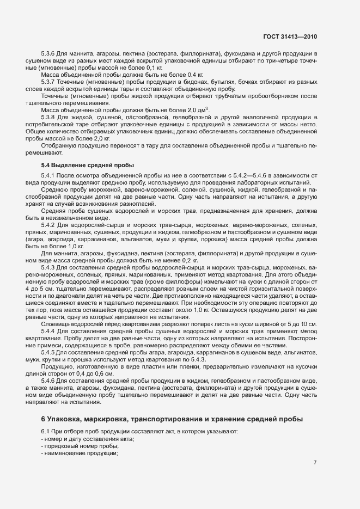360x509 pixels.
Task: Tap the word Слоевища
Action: (x=54, y=309)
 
